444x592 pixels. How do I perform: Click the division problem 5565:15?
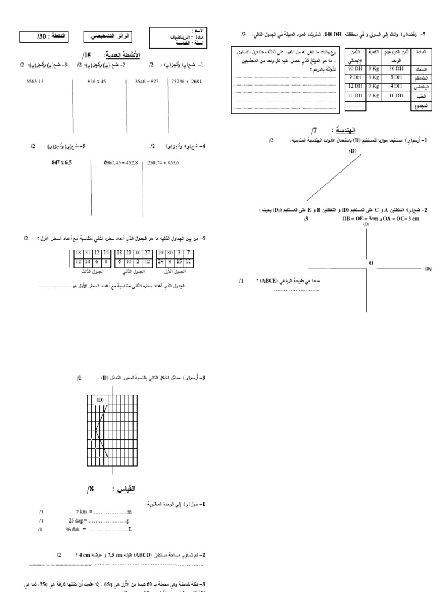tap(36, 82)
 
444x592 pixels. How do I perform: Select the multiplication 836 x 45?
tap(97, 82)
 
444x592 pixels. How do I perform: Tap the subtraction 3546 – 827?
tap(146, 82)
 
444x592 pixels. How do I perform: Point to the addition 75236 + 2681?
tap(186, 82)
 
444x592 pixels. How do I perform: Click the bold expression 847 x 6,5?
tap(62, 163)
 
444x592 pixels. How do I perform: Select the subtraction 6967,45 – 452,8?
tap(121, 163)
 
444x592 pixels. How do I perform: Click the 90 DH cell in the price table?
tap(354, 68)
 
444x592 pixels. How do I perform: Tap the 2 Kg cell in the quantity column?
tap(374, 96)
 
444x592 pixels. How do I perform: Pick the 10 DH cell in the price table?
tap(396, 96)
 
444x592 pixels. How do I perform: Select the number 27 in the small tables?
tap(147, 253)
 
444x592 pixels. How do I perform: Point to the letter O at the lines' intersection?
tap(371, 263)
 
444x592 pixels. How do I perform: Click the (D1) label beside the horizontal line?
tap(428, 269)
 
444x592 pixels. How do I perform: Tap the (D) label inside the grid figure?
tap(99, 400)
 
